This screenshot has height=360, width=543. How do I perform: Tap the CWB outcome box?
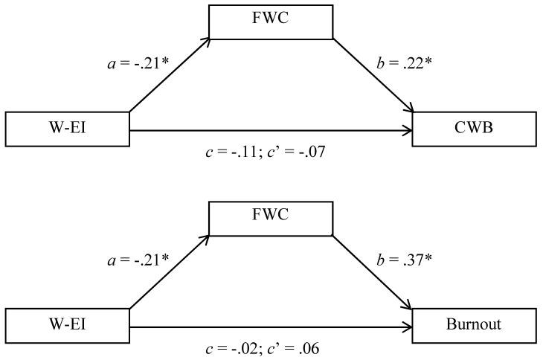pyautogui.click(x=474, y=129)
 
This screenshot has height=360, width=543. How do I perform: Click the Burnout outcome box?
pyautogui.click(x=474, y=325)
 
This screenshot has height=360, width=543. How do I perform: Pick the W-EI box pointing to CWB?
pyautogui.click(x=68, y=129)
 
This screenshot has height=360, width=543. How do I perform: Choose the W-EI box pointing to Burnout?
pyautogui.click(x=68, y=325)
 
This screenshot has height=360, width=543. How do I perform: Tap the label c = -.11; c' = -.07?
pyautogui.click(x=266, y=154)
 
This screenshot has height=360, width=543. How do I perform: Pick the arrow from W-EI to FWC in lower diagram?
pyautogui.click(x=170, y=272)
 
